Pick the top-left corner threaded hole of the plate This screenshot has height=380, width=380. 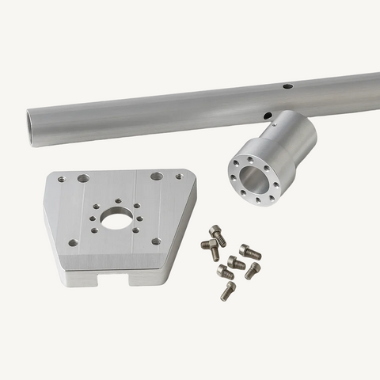pyautogui.click(x=60, y=180)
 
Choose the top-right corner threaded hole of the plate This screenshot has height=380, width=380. pyautogui.click(x=180, y=175)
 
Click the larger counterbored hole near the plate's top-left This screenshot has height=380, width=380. pyautogui.click(x=83, y=179)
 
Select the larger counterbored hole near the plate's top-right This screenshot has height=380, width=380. pyautogui.click(x=157, y=176)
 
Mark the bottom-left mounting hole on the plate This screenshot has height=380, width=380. pyautogui.click(x=74, y=242)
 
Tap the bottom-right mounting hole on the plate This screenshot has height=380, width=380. pyautogui.click(x=156, y=241)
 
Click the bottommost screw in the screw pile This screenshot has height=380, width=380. pyautogui.click(x=228, y=291)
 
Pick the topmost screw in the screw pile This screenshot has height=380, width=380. pyautogui.click(x=218, y=235)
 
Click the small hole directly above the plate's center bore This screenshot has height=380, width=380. pyautogui.click(x=116, y=201)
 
